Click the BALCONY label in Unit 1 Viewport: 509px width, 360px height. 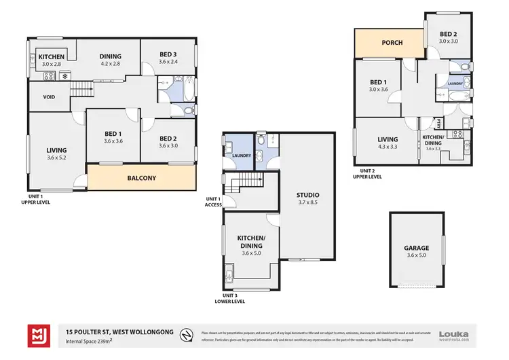[142, 179]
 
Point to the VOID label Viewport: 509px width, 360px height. [49, 97]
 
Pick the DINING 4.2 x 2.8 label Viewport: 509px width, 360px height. [110, 60]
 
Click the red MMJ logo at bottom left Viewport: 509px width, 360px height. [39, 335]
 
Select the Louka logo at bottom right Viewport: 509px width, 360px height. [455, 334]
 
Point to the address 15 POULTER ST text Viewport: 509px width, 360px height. [119, 331]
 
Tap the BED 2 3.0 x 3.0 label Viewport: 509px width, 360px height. [447, 38]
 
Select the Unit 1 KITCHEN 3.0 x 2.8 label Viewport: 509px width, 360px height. [51, 60]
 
